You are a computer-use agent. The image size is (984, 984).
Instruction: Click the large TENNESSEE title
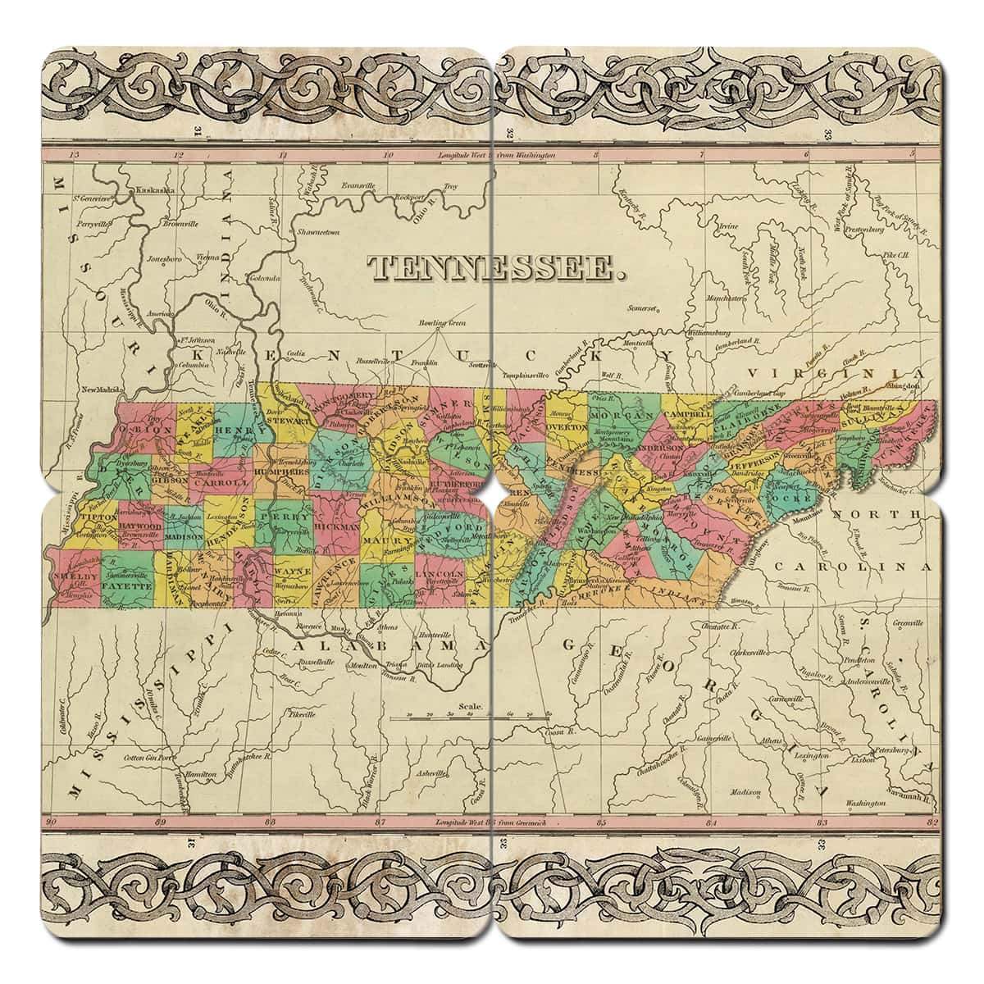492,267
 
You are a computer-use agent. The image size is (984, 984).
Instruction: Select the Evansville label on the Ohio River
358,185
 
